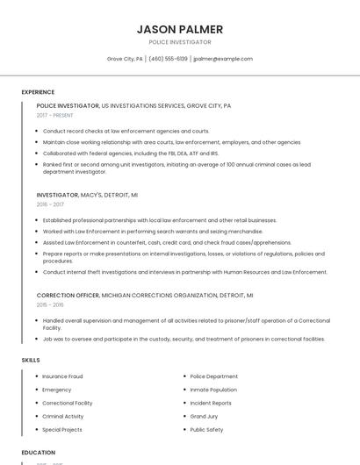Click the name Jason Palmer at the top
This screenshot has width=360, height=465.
point(180,29)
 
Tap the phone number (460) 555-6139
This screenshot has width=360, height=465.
point(168,59)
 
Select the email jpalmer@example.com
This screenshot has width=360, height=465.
point(223,59)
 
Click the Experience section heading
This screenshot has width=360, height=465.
point(38,92)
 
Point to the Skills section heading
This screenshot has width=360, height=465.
point(31,361)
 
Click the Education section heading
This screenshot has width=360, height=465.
point(38,453)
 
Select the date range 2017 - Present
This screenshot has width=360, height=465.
point(55,115)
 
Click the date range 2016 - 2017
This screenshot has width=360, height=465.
point(50,204)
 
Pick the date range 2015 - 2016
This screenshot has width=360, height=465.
point(50,305)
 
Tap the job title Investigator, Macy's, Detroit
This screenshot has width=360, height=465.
point(87,195)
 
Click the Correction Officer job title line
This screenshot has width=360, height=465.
point(145,296)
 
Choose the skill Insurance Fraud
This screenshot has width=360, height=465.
point(62,376)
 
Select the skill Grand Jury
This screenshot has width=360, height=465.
point(204,417)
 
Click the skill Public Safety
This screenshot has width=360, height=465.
point(206,430)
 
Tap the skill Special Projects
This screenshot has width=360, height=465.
point(62,430)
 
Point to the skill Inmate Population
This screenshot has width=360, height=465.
point(213,390)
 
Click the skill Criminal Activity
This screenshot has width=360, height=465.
point(63,417)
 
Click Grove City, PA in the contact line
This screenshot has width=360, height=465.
point(125,59)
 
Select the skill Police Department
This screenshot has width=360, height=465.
point(213,376)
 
